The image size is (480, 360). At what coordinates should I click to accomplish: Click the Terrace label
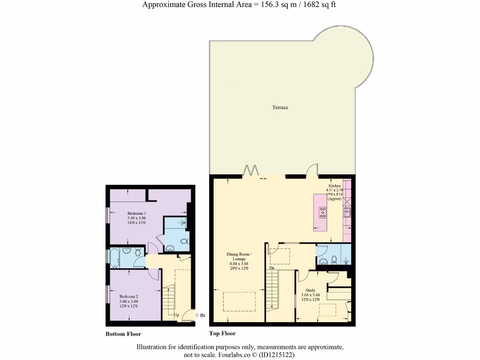(x=280, y=107)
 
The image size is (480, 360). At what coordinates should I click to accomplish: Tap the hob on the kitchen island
(x=323, y=212)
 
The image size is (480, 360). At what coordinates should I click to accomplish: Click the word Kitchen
(x=334, y=186)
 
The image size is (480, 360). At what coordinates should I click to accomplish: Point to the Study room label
(x=310, y=290)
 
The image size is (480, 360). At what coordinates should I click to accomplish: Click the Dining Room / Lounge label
(x=239, y=256)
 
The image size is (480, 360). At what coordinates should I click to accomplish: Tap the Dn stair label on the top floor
(x=272, y=268)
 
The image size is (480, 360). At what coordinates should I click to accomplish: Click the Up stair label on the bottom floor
(x=177, y=315)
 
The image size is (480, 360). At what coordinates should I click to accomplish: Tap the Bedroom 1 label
(x=136, y=213)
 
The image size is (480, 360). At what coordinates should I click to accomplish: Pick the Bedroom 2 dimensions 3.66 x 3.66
(x=128, y=301)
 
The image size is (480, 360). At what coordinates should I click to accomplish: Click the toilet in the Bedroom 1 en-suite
(x=184, y=241)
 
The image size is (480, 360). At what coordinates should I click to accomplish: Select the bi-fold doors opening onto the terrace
(x=251, y=171)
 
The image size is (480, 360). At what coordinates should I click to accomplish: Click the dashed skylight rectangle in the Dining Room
(x=239, y=301)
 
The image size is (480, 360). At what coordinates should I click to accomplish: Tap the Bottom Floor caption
(x=123, y=334)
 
